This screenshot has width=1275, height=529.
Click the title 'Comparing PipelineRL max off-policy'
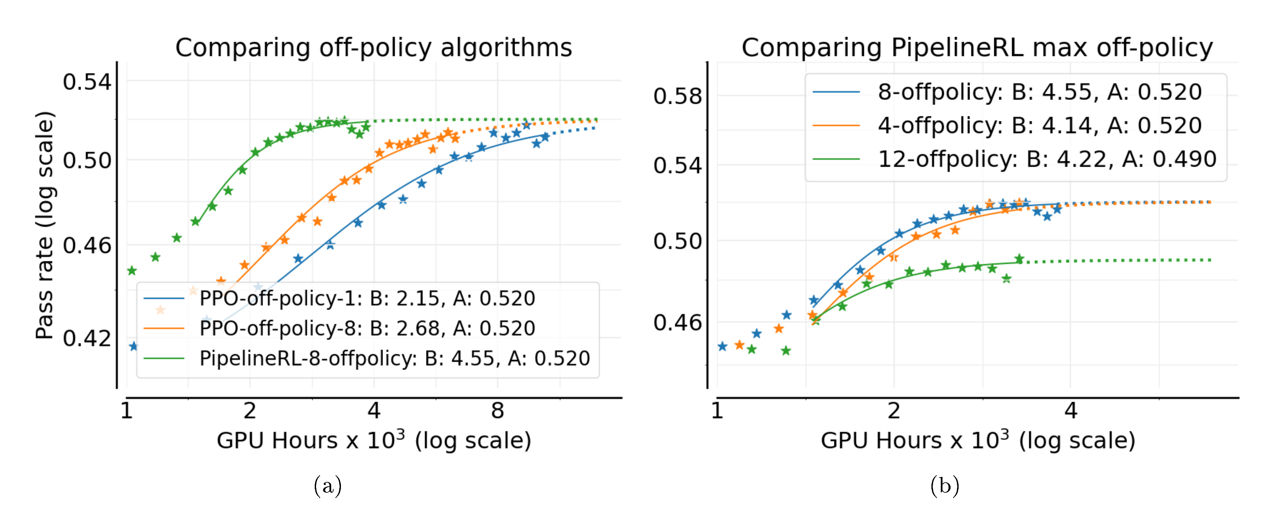[977, 48]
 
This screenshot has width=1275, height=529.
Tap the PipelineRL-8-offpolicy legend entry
[394, 359]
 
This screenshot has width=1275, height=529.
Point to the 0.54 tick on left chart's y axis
[87, 81]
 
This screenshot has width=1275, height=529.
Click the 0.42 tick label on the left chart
[87, 338]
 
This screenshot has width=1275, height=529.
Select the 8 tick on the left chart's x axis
[497, 411]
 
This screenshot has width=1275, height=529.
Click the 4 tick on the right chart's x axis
[1070, 411]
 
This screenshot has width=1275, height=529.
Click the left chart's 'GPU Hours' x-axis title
[374, 440]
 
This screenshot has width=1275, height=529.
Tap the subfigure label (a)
[328, 486]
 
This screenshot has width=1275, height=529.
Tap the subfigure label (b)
[944, 486]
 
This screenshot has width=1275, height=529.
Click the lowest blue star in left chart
[133, 346]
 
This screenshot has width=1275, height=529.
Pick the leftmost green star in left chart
[132, 271]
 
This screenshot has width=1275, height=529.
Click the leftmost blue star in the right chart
[722, 346]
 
